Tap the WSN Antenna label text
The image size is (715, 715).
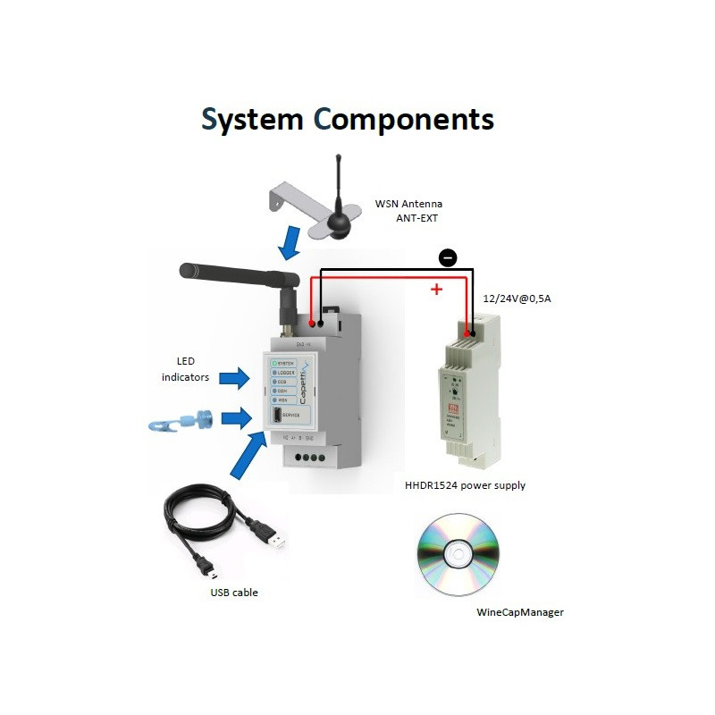pyautogui.click(x=408, y=203)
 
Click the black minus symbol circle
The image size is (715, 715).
pyautogui.click(x=448, y=258)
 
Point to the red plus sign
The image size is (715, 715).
pyautogui.click(x=436, y=289)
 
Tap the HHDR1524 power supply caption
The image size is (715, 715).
pyautogui.click(x=465, y=485)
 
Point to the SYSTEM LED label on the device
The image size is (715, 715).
pyautogui.click(x=285, y=363)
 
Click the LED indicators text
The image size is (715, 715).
pyautogui.click(x=186, y=370)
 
